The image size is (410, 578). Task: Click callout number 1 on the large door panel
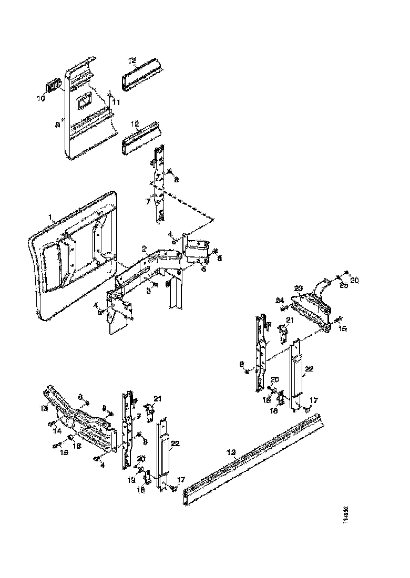[51, 217]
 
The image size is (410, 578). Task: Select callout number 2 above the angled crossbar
[143, 248]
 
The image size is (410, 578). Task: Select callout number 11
[116, 101]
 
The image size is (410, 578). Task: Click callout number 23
[299, 287]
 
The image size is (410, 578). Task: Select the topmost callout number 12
[132, 61]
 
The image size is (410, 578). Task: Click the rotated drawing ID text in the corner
[346, 518]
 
